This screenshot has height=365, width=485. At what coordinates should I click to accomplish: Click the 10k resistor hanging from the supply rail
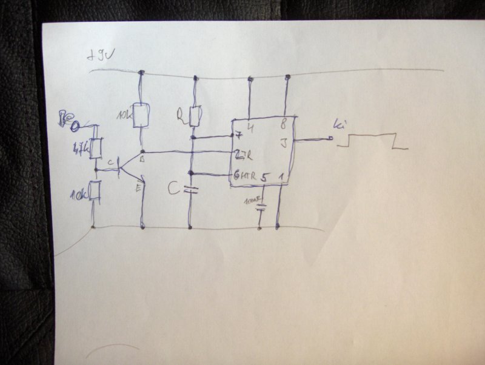(x=141, y=115)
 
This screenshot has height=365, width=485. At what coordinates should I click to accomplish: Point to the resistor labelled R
(x=195, y=115)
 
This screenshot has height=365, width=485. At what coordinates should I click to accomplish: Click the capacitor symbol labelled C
(x=192, y=190)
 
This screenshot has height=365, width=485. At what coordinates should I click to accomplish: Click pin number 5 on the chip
(x=264, y=178)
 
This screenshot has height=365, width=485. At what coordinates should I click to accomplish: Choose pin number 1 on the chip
(x=281, y=177)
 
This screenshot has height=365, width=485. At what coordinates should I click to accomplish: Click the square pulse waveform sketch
(x=372, y=141)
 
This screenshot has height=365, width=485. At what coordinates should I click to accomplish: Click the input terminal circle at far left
(x=76, y=126)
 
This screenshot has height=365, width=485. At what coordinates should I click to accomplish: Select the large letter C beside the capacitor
(x=174, y=190)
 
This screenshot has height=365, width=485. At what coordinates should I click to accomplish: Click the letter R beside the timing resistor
(x=180, y=113)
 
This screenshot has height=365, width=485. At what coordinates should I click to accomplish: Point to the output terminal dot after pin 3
(x=331, y=139)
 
